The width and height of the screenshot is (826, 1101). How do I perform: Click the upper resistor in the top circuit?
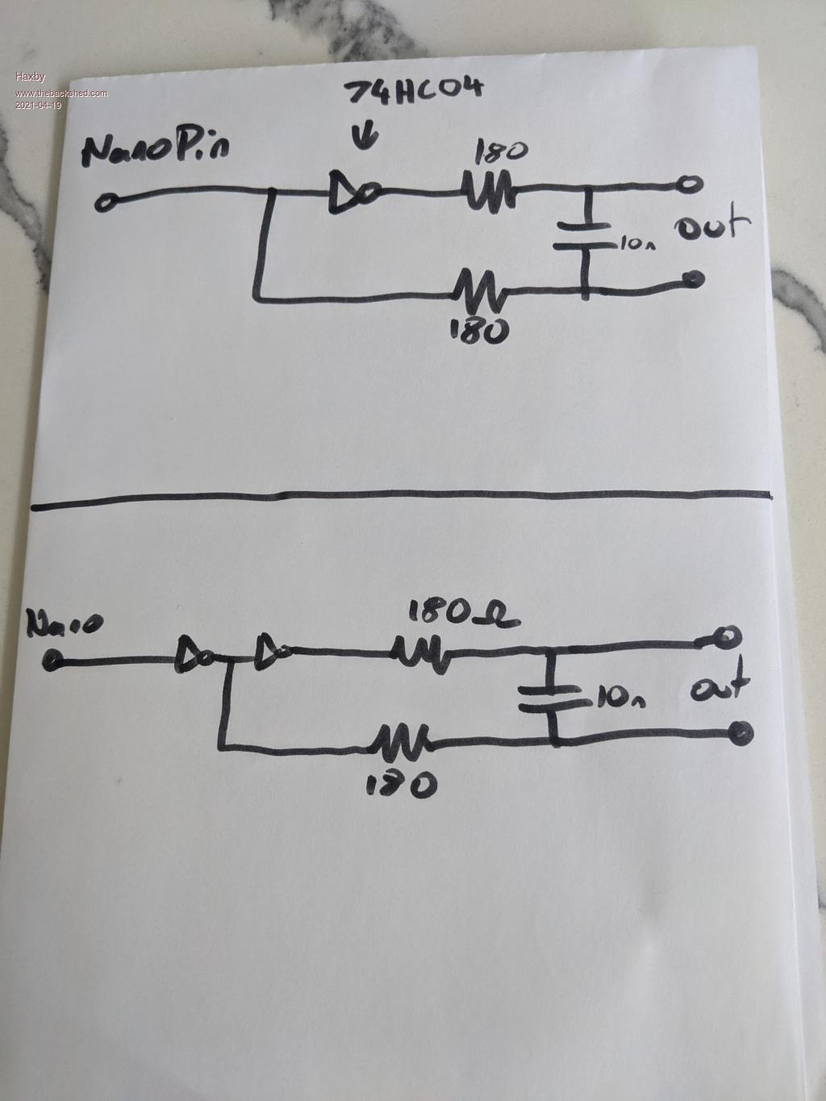487,193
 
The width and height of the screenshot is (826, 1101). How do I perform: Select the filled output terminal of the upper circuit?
691,280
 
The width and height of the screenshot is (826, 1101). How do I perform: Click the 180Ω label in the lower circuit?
463,615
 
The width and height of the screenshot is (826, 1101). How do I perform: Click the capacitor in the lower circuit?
552,697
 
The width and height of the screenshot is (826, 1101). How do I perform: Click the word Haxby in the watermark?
31,77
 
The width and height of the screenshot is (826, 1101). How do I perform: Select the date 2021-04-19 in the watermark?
38,105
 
